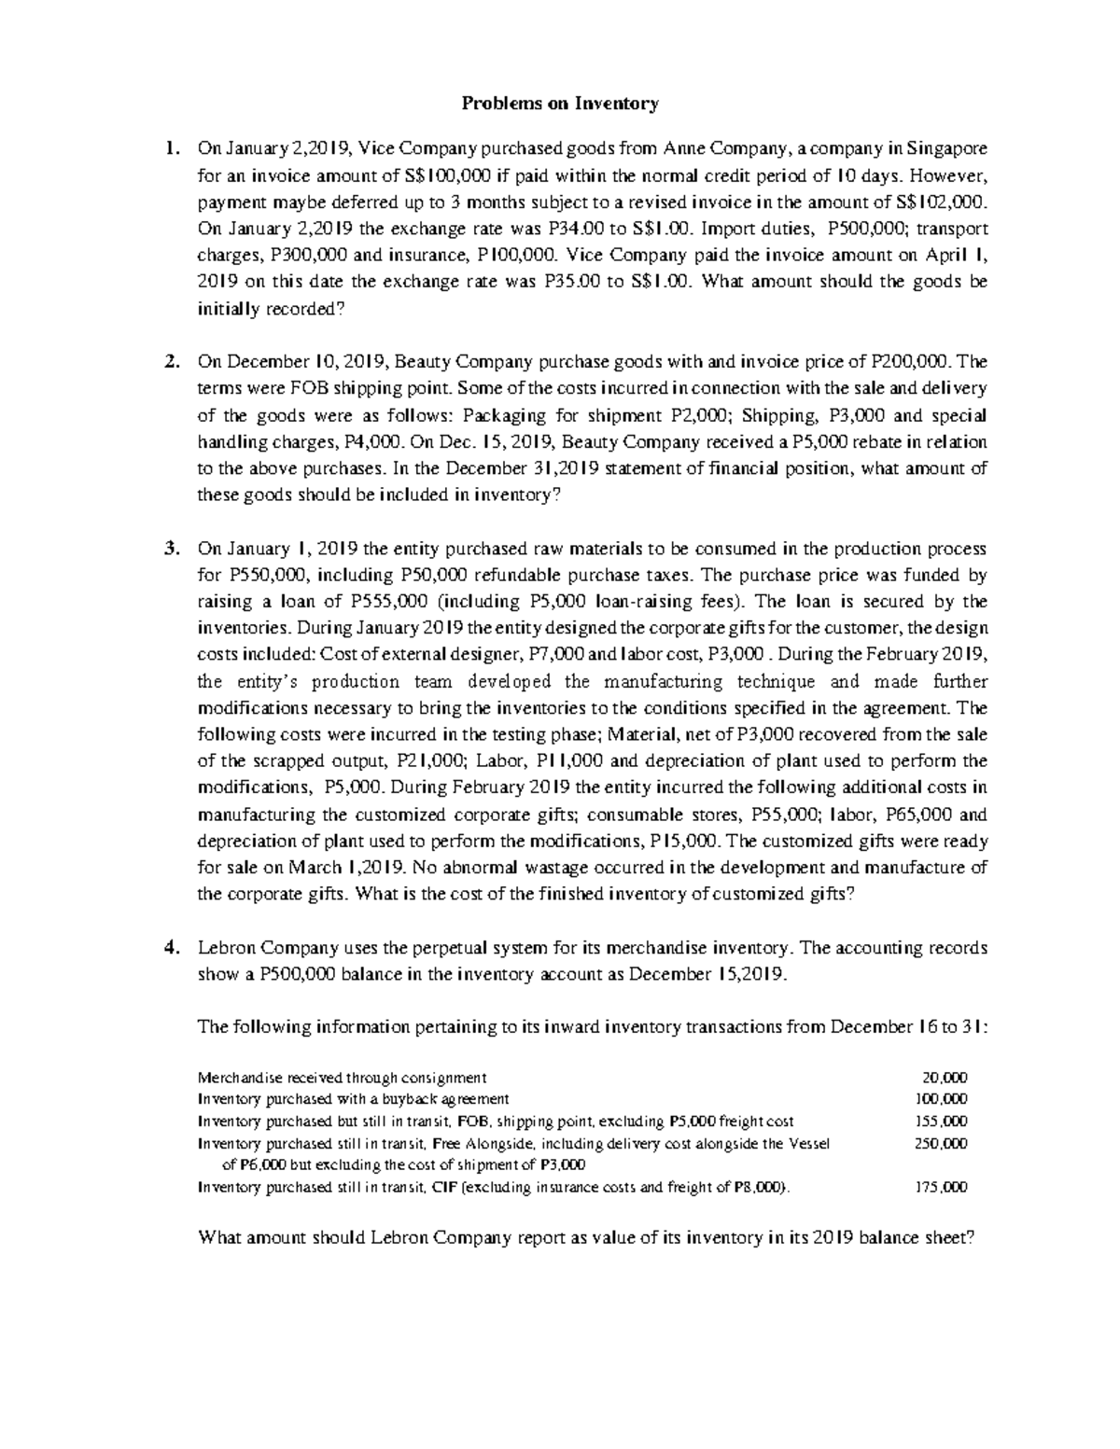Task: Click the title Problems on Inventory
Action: (560, 104)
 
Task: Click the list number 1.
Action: (170, 148)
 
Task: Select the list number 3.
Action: (170, 549)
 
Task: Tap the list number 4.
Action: (170, 948)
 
